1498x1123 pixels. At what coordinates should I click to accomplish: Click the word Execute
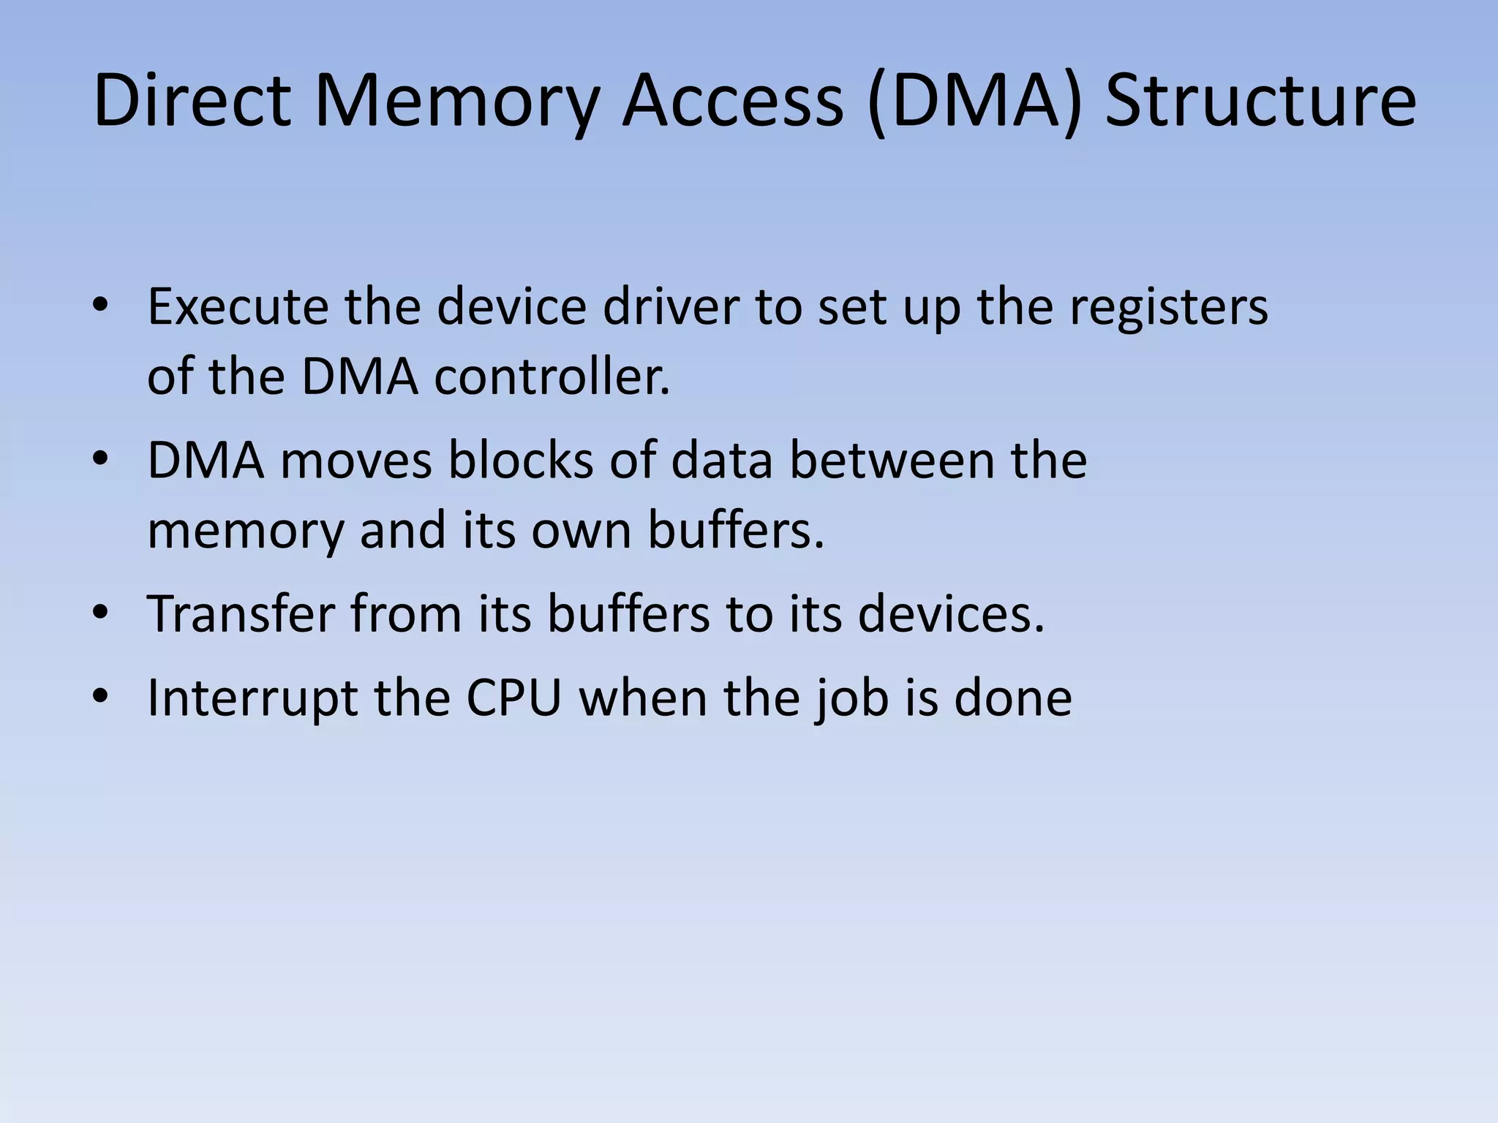pos(238,307)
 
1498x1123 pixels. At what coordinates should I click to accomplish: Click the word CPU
pos(513,697)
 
